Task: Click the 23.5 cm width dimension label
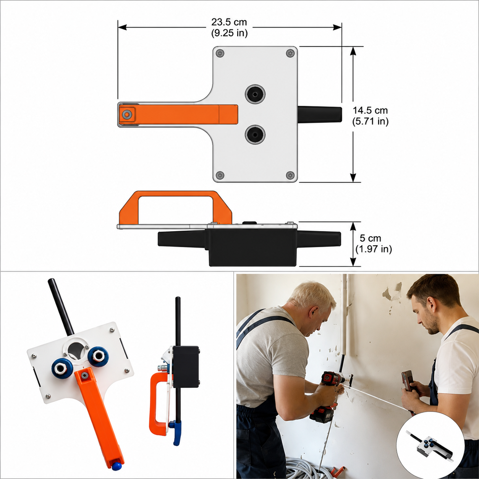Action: click(229, 28)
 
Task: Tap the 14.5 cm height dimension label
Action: click(371, 116)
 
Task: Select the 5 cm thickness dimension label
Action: click(373, 243)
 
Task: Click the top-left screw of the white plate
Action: click(220, 53)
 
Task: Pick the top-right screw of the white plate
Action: click(290, 53)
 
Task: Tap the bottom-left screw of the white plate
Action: click(220, 175)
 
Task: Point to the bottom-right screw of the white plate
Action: click(290, 175)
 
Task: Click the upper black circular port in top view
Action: click(255, 94)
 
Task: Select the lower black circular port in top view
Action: click(255, 135)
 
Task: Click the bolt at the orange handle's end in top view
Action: click(127, 115)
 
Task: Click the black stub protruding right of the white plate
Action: click(320, 114)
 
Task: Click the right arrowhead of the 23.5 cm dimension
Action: click(337, 28)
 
